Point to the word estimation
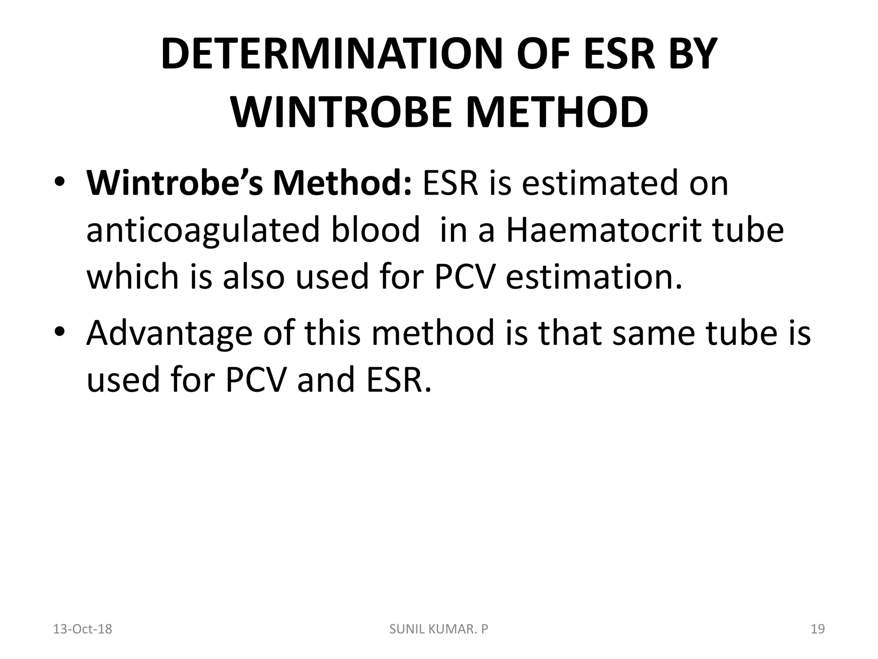(x=593, y=277)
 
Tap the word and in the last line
(x=326, y=380)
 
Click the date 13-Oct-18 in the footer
(x=82, y=629)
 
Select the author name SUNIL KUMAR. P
(x=439, y=629)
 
